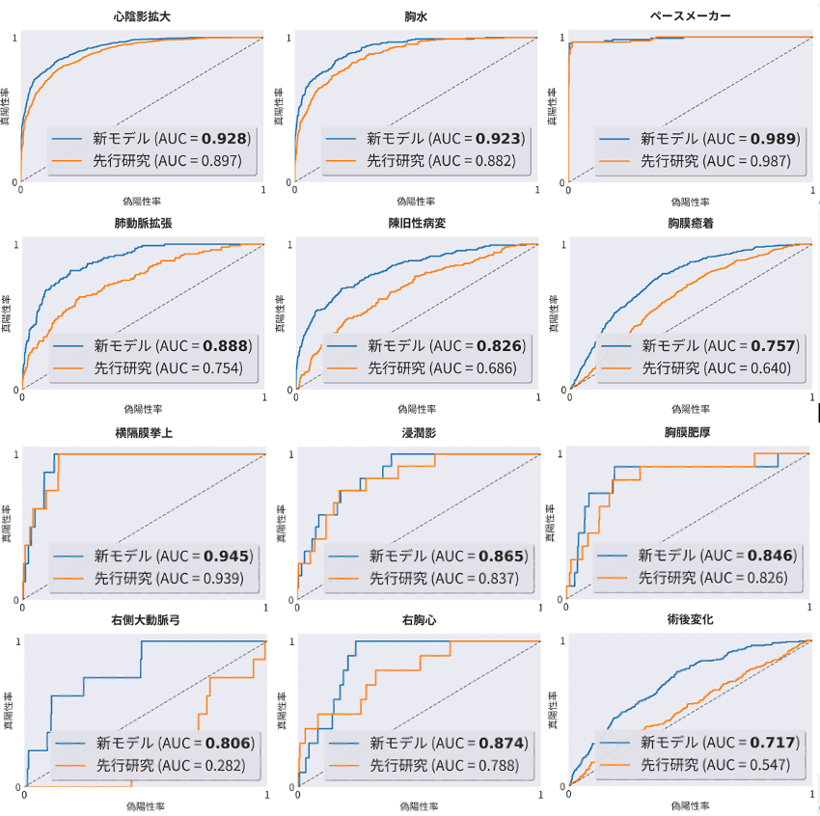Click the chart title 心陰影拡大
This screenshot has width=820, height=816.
coord(143,16)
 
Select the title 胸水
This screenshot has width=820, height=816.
coord(417,16)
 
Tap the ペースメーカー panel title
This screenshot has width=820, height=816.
coord(690,16)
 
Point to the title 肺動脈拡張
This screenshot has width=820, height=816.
coord(143,224)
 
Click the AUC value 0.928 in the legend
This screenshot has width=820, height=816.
coord(227,139)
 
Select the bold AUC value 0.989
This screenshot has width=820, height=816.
coord(774,139)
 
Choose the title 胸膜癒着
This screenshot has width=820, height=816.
coord(690,224)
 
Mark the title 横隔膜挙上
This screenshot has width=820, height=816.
coord(143,434)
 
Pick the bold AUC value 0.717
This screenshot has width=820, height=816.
coord(774,743)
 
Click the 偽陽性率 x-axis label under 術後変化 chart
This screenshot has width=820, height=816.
coord(690,804)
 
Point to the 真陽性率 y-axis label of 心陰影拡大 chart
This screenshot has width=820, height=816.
coord(8,108)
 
